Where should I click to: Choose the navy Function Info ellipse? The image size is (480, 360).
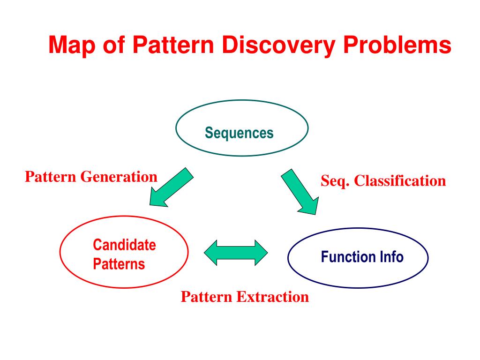pos(358,257)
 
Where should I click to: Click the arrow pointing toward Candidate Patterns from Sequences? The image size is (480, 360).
pos(171,187)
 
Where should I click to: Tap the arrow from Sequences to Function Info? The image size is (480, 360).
pos(300,193)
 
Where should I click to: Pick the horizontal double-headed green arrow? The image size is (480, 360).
pos(236,253)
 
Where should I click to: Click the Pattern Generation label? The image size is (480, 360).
pos(91,177)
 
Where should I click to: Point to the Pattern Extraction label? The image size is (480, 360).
pos(245,297)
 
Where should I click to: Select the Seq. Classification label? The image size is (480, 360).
pos(383,180)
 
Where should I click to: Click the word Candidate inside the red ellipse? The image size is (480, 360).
pos(124,245)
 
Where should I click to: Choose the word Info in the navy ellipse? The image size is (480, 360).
pos(391,257)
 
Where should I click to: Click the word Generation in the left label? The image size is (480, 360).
pos(119,177)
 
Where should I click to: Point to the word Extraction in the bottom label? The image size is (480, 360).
pos(272,297)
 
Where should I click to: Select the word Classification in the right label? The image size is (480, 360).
pos(400,180)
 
